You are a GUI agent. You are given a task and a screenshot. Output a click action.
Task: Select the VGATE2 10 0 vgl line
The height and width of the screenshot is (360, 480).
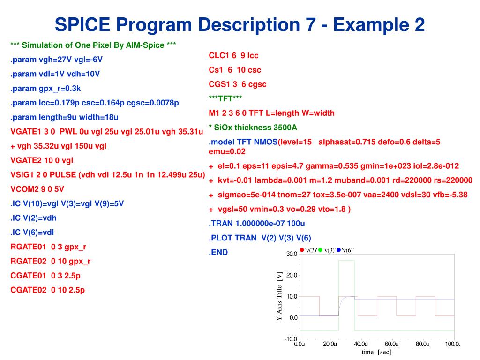(42, 160)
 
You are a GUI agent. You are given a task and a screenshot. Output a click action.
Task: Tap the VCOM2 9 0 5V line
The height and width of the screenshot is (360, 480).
(37, 189)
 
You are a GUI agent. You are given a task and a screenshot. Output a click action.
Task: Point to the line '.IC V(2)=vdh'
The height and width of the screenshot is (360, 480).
(34, 217)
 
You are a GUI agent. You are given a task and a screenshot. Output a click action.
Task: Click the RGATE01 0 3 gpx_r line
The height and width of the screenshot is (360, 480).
(49, 247)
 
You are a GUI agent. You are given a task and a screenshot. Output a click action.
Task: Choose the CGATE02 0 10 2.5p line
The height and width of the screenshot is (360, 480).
(48, 290)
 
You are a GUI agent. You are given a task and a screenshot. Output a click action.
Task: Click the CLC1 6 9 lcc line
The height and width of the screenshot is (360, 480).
(233, 55)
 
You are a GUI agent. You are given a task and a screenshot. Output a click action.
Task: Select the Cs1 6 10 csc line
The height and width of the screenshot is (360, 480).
(235, 70)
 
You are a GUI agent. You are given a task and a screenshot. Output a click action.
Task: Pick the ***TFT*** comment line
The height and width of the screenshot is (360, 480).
(225, 98)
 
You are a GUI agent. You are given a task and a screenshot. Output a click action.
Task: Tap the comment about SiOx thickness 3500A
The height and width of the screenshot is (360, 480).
(253, 127)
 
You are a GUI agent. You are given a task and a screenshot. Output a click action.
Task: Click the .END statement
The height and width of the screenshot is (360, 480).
(218, 252)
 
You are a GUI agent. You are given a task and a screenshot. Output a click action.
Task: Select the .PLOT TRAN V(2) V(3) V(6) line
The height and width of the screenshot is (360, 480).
(260, 238)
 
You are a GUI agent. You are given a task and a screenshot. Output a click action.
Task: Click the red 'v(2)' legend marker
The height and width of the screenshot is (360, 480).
(302, 250)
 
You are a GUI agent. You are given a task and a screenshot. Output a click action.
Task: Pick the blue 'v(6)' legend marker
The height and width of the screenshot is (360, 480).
(338, 250)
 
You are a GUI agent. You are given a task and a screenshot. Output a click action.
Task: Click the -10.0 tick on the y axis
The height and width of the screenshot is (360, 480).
(291, 339)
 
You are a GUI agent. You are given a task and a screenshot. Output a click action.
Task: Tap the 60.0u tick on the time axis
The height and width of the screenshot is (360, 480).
(392, 345)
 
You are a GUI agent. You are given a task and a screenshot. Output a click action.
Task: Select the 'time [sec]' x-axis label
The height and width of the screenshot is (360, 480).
(376, 352)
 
